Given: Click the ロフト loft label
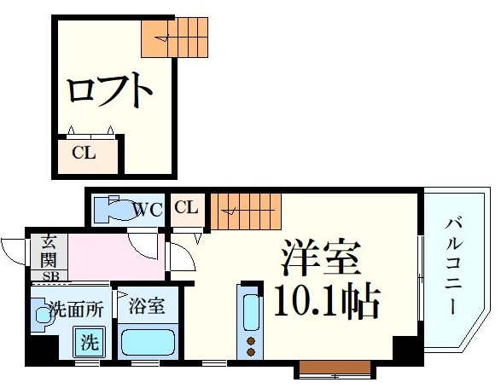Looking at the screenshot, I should point(110,90).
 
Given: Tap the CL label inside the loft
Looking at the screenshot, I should point(83,153).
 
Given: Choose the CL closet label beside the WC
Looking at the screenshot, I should point(187,207).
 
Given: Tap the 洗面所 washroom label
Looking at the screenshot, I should point(75,309).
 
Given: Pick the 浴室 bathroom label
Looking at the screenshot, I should point(141,304).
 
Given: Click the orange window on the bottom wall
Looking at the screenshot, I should point(334,369).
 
